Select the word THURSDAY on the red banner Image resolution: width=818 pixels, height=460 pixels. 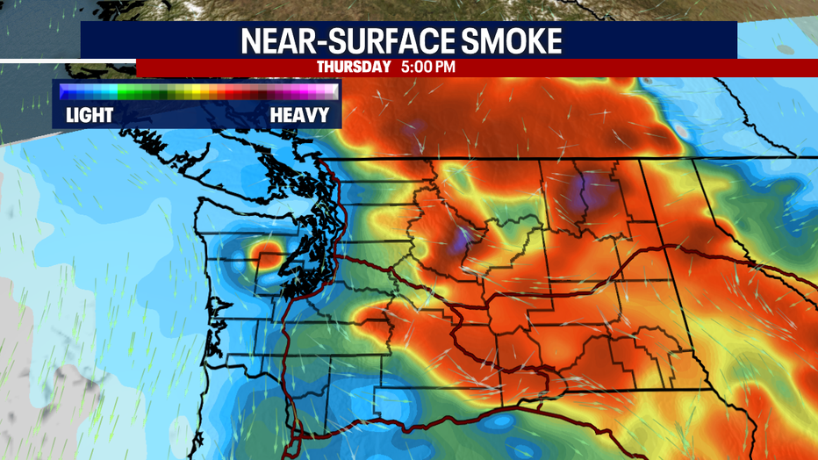[353, 67]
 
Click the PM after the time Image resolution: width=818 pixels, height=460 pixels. [445, 67]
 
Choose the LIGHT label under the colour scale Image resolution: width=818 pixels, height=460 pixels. [89, 115]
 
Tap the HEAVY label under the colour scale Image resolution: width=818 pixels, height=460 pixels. [299, 115]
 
